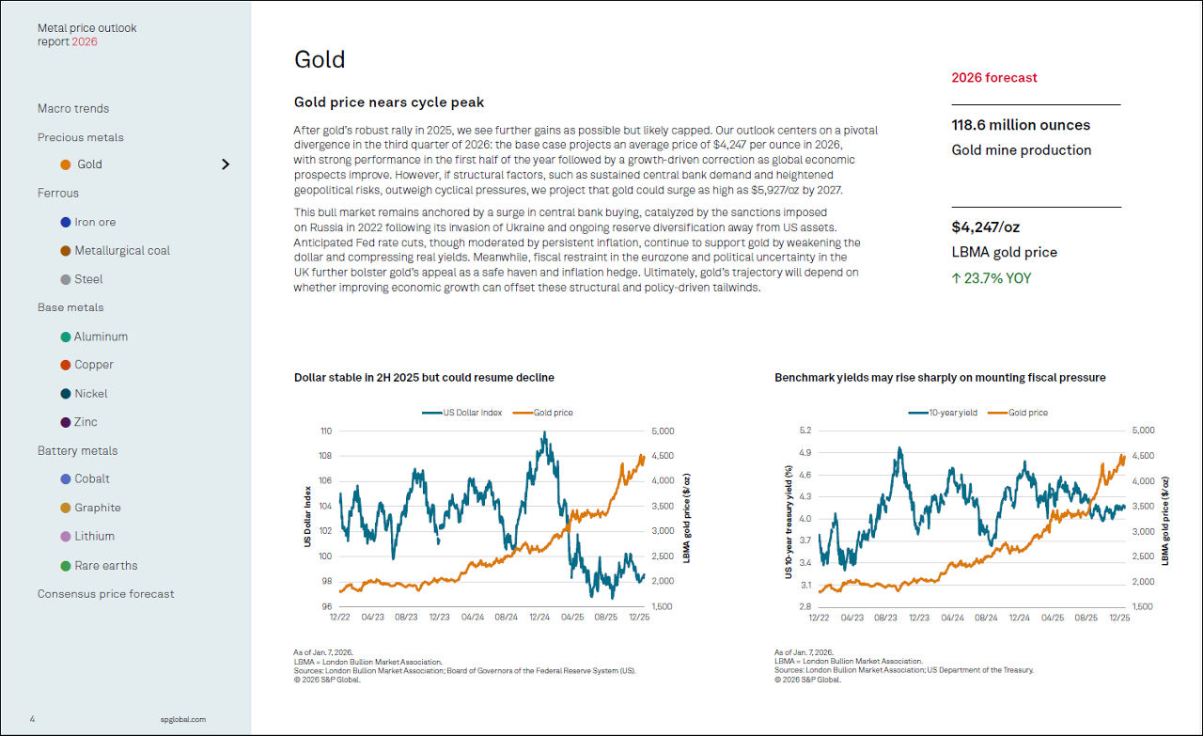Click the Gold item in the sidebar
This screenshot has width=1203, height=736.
89,164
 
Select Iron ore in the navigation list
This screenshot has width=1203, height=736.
95,222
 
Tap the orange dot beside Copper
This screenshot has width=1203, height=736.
66,365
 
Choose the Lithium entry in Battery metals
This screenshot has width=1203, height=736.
94,537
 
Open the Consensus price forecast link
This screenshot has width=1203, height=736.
105,594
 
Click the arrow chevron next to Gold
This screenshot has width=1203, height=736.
226,164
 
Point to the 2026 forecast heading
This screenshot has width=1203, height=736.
994,78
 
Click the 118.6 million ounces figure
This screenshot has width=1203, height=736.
1021,125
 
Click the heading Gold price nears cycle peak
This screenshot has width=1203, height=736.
389,102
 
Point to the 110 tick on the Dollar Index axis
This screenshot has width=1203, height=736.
326,431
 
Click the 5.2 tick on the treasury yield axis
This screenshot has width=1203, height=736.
805,431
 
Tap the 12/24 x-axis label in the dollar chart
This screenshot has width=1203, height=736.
539,618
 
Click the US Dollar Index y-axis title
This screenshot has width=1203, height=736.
307,517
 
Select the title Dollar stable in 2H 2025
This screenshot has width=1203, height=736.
424,378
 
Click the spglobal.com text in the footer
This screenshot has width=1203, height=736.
183,720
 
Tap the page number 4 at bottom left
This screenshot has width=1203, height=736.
32,720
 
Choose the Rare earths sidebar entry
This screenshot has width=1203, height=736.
105,566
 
